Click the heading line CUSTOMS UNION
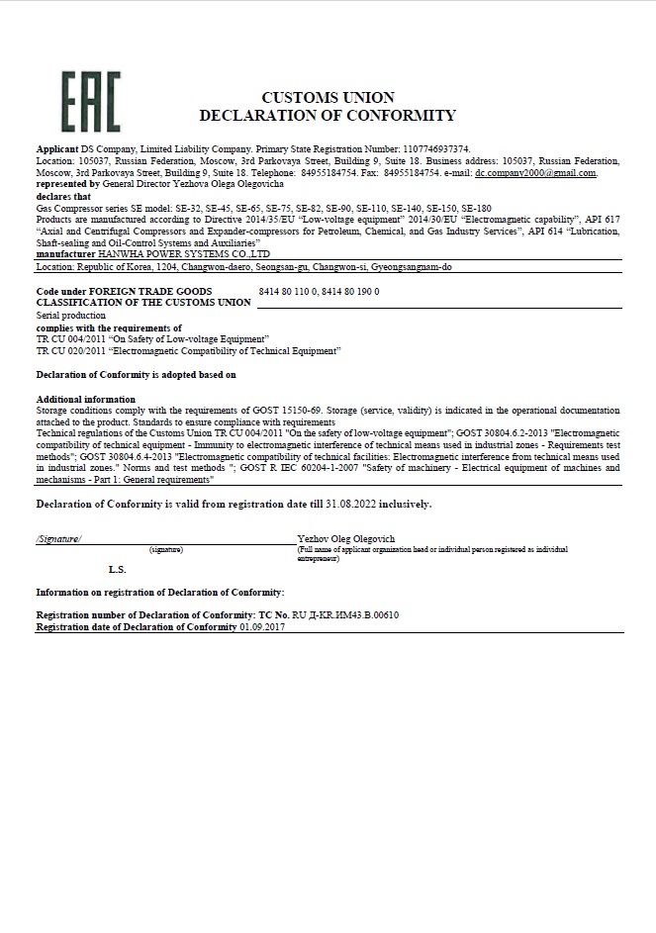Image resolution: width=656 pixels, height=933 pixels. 328,97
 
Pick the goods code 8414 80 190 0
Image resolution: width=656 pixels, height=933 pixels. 350,292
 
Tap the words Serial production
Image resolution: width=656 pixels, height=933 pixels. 70,315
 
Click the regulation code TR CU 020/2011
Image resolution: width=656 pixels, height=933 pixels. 71,350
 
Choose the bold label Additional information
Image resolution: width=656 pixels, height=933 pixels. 86,399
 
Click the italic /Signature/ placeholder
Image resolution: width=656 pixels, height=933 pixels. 59,538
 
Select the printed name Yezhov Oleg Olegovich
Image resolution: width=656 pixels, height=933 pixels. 346,538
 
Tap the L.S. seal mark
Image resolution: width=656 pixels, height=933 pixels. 117,570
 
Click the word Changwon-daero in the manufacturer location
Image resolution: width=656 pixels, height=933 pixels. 183,267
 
